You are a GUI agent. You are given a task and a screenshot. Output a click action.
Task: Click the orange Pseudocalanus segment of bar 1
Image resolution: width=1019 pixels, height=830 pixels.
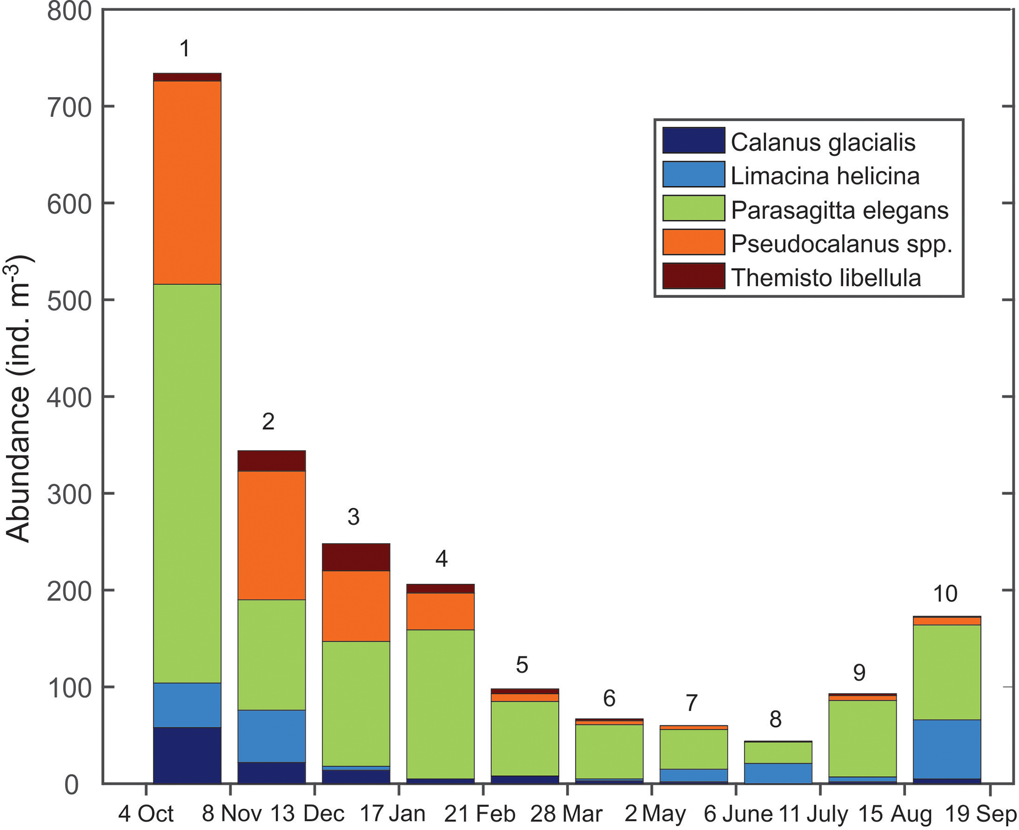187,182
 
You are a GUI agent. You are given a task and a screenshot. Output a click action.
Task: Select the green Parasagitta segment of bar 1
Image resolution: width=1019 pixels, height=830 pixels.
187,483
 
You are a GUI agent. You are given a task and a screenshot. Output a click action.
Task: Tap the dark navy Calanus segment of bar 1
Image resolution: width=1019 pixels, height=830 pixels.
187,755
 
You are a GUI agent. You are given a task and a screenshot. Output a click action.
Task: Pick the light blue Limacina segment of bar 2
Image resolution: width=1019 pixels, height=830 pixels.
271,736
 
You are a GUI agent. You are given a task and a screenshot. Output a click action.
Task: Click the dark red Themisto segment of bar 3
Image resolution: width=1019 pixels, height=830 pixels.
355,557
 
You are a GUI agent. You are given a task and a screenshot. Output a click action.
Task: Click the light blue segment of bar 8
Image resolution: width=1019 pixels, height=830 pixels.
778,773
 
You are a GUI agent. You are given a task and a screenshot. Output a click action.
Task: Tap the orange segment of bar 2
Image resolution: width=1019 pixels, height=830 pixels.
271,535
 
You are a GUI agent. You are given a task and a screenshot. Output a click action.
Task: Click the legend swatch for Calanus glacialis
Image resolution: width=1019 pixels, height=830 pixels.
693,140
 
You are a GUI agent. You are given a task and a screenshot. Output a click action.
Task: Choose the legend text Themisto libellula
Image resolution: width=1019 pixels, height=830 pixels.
826,278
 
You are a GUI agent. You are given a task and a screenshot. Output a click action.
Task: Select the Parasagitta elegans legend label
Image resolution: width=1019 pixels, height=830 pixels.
839,210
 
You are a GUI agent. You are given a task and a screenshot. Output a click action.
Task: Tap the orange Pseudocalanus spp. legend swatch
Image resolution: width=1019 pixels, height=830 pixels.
693,242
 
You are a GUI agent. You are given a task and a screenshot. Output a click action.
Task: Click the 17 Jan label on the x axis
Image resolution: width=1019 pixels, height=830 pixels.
392,814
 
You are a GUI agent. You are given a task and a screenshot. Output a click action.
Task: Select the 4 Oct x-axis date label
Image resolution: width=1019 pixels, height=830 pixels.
146,814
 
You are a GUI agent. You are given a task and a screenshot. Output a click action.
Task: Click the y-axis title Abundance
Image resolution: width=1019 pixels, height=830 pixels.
19,399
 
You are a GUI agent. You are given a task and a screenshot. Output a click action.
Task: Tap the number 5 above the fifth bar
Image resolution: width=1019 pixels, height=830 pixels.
522,665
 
